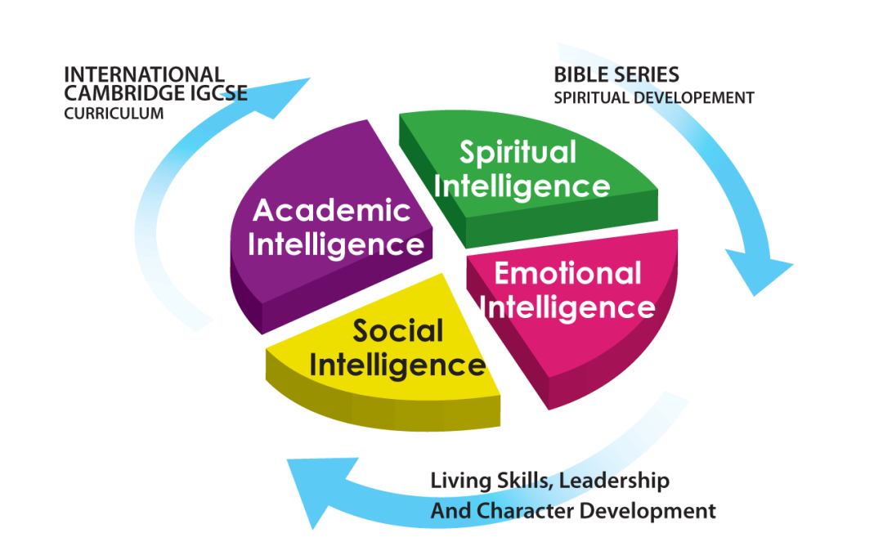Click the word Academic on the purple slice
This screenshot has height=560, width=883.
[x=332, y=210]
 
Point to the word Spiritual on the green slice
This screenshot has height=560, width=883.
[x=518, y=153]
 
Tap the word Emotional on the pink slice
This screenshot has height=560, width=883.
[x=567, y=274]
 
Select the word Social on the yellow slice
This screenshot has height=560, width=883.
[x=398, y=330]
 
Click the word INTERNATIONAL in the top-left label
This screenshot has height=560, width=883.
[x=144, y=74]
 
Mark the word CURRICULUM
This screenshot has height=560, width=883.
[x=114, y=113]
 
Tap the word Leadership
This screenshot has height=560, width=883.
[x=614, y=481]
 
